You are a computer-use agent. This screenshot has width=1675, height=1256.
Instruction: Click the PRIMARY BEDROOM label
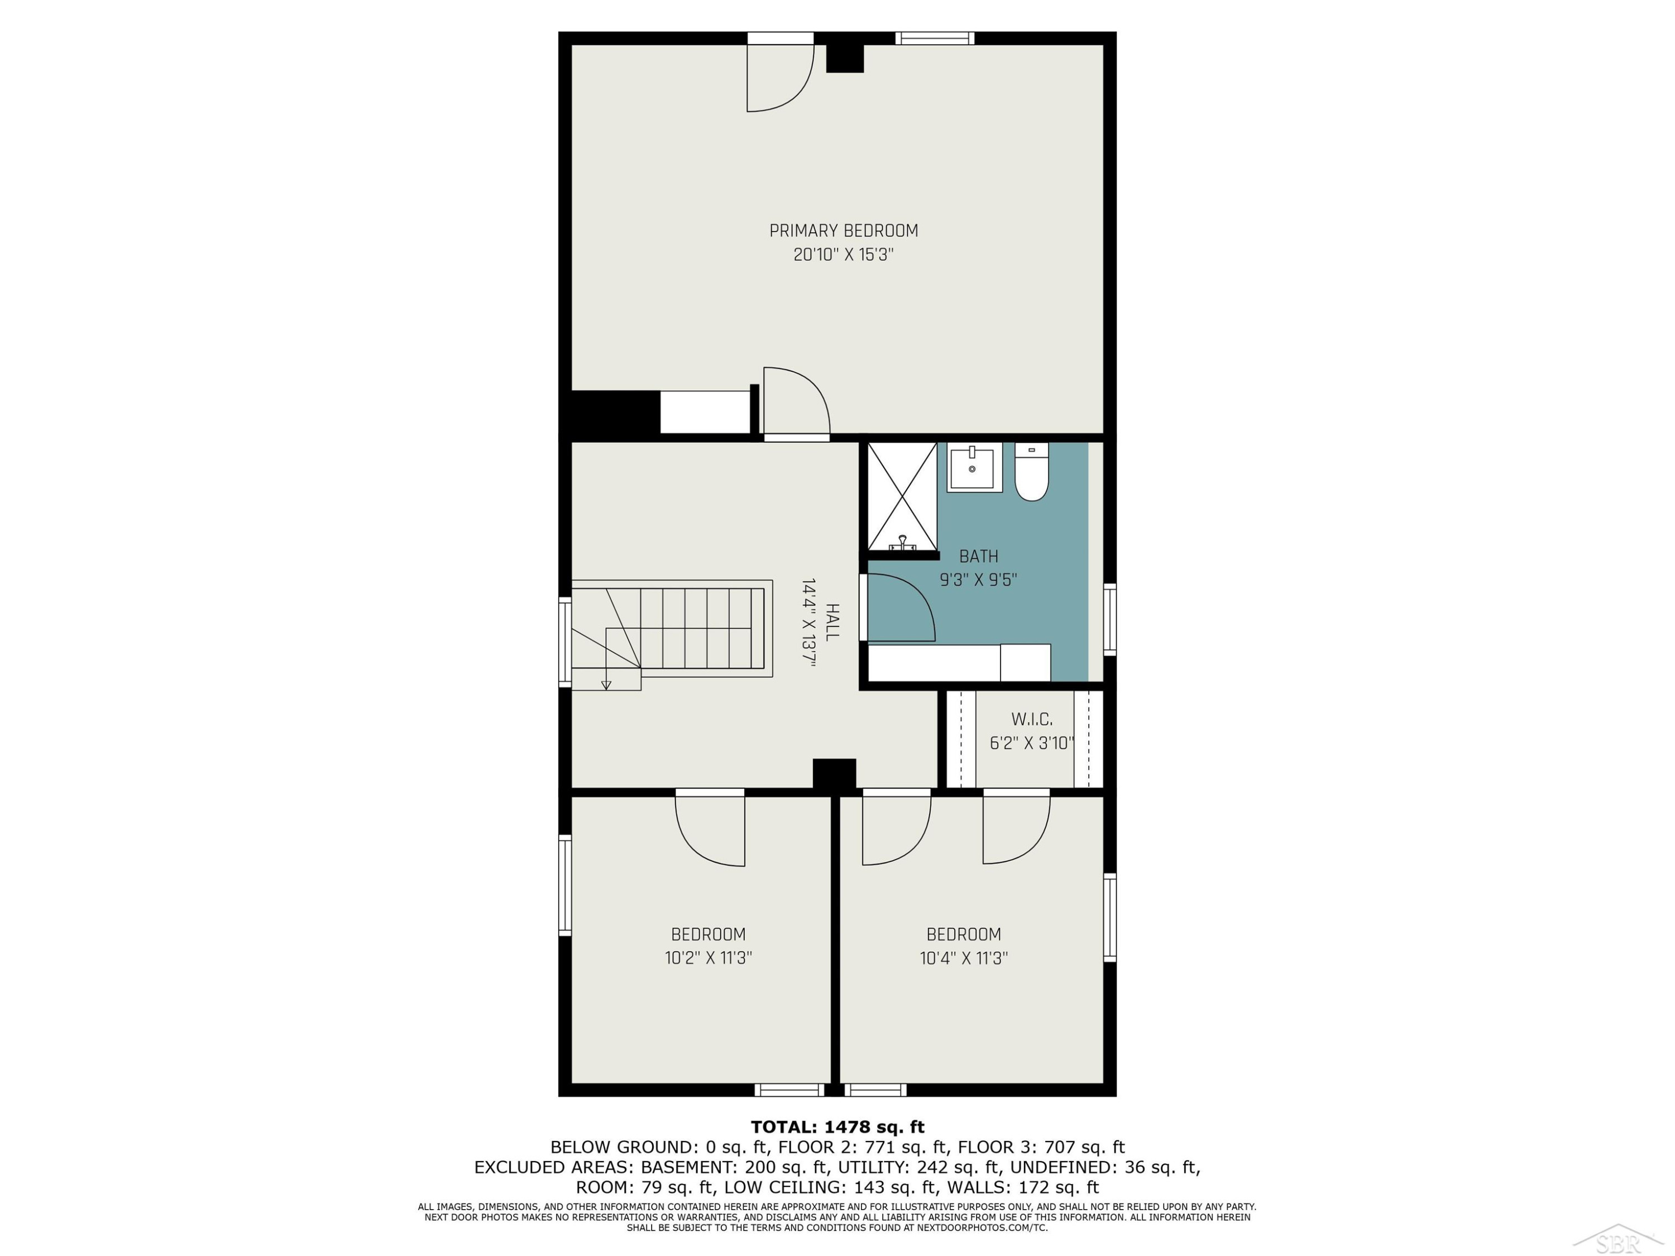(x=844, y=231)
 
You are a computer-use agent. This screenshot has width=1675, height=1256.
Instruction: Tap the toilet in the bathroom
(x=1031, y=472)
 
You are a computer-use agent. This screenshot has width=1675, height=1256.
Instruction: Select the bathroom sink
(x=974, y=467)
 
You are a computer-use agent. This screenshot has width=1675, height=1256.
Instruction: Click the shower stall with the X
(x=902, y=497)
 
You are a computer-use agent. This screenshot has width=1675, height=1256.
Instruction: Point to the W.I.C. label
(x=1031, y=719)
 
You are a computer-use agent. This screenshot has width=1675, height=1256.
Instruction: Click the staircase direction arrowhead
(x=606, y=685)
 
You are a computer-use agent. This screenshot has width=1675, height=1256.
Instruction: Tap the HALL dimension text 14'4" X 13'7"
(x=808, y=622)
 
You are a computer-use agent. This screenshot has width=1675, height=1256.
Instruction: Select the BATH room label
(x=978, y=557)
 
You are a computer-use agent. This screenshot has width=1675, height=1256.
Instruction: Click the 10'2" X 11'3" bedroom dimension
(x=708, y=958)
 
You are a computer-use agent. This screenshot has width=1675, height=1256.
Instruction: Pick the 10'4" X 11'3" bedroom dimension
(x=963, y=958)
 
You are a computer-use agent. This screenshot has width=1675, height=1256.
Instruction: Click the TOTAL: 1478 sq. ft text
(x=837, y=1127)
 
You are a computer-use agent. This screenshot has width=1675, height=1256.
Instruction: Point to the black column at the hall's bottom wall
(x=835, y=774)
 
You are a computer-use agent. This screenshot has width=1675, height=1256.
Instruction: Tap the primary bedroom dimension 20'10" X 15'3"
(x=844, y=255)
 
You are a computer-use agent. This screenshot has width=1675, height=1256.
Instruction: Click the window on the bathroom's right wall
(x=1109, y=619)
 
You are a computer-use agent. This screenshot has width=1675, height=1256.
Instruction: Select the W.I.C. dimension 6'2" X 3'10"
(x=1031, y=742)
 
